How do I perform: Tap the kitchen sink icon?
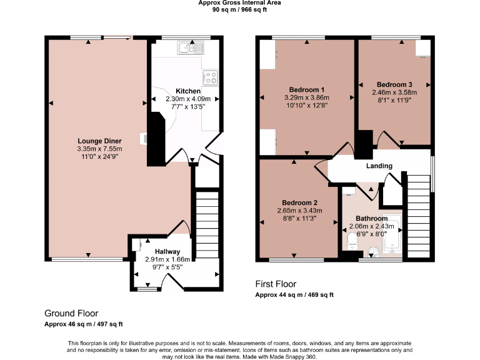[x=190, y=47]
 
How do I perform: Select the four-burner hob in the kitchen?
[x=211, y=77]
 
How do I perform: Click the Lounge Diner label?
[x=99, y=141]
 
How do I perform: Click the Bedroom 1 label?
[x=306, y=89]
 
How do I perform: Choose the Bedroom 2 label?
[x=300, y=202]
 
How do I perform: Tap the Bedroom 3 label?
[x=394, y=84]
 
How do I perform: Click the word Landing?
[x=379, y=166]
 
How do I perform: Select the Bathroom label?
[x=372, y=218]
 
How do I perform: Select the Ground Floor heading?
[x=71, y=313]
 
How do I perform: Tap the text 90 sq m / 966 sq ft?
[x=239, y=10]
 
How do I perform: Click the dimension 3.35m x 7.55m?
[x=99, y=149]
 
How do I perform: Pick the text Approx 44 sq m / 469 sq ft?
[x=294, y=294]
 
